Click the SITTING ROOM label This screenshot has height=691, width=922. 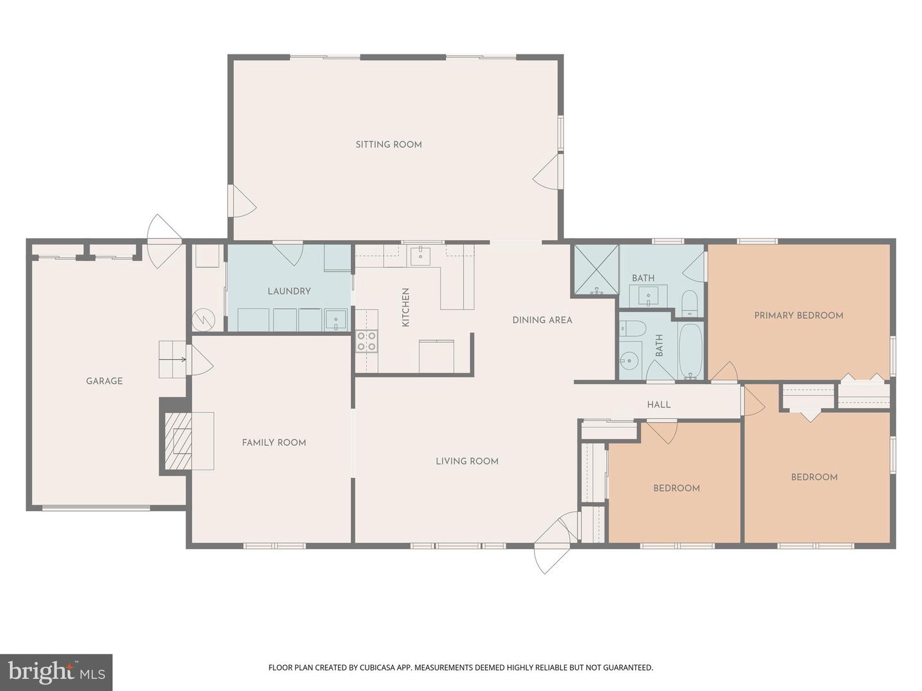pyautogui.click(x=389, y=145)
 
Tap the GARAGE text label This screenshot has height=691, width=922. pyautogui.click(x=104, y=381)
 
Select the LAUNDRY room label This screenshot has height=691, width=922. pyautogui.click(x=289, y=291)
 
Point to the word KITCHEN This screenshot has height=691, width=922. pyautogui.click(x=405, y=307)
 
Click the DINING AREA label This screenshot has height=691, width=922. pyautogui.click(x=542, y=320)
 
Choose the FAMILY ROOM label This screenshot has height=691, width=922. pyautogui.click(x=273, y=443)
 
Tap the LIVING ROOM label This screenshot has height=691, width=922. pyautogui.click(x=467, y=461)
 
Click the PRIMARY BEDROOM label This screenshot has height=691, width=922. pyautogui.click(x=798, y=315)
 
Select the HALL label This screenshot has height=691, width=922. pyautogui.click(x=658, y=404)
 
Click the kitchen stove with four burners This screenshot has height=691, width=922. pyautogui.click(x=366, y=341)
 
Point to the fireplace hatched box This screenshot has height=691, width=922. pyautogui.click(x=179, y=441)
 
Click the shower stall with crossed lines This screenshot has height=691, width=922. pyautogui.click(x=596, y=269)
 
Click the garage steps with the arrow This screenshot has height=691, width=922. pyautogui.click(x=172, y=359)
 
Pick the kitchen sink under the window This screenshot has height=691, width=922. pyautogui.click(x=421, y=255)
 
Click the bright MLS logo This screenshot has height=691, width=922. pyautogui.click(x=56, y=672)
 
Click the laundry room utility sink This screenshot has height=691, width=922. pyautogui.click(x=335, y=319)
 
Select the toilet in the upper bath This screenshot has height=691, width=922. pyautogui.click(x=689, y=303)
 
